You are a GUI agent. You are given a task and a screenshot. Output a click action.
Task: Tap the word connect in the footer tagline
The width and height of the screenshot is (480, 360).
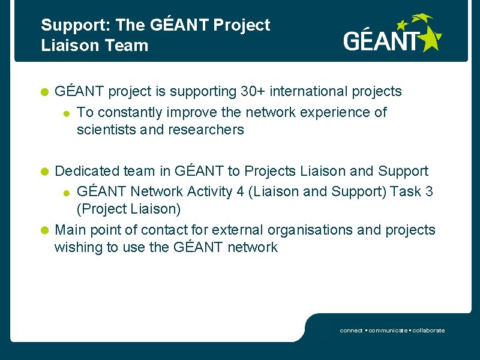coord(351,331)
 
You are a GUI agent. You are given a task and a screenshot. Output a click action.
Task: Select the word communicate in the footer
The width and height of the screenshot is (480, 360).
coord(388,331)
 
